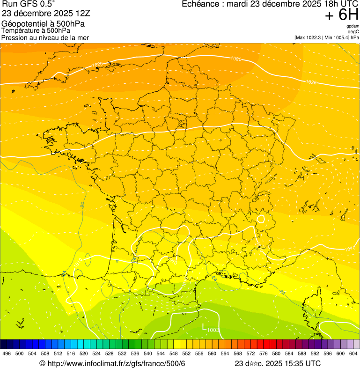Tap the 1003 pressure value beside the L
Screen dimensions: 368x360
(x=213, y=330)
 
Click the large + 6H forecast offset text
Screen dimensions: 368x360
(x=341, y=15)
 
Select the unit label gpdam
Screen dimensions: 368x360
(x=353, y=26)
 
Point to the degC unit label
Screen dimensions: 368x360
(x=353, y=32)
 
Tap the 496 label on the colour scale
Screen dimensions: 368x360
(x=7, y=354)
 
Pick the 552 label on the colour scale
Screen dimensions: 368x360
(x=186, y=354)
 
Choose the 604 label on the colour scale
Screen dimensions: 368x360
(x=353, y=354)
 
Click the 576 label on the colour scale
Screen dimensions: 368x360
(x=264, y=354)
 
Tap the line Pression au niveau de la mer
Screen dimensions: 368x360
(x=45, y=37)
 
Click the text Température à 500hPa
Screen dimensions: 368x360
(x=36, y=30)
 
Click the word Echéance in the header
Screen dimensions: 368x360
(x=201, y=4)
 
